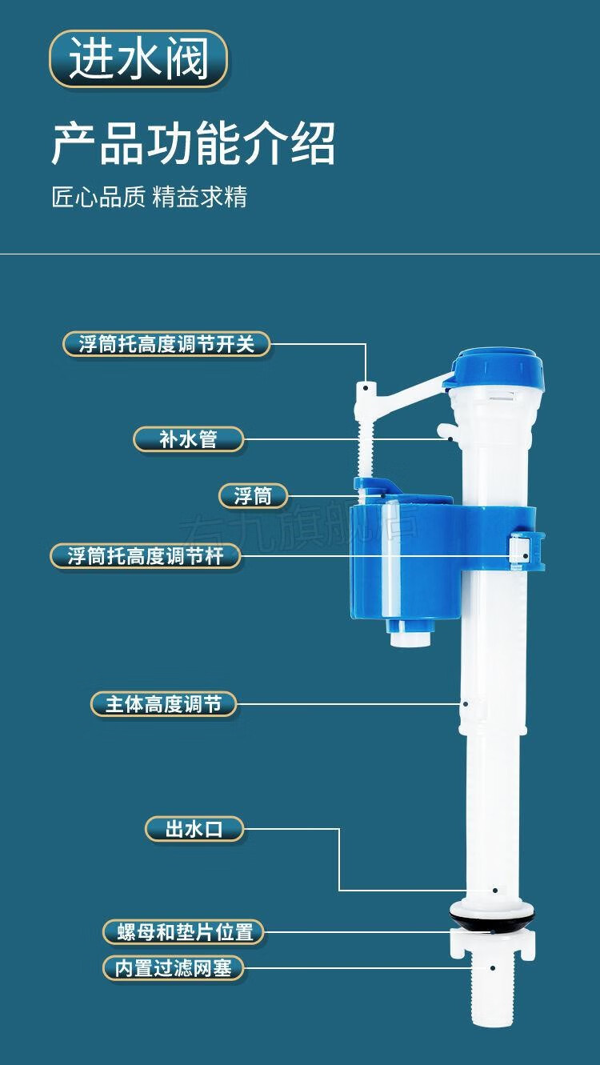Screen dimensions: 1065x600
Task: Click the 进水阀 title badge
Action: click(138, 59)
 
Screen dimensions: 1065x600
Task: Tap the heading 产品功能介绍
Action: click(193, 143)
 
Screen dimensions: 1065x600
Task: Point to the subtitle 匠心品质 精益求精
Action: click(150, 197)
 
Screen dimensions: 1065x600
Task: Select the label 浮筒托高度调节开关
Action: click(166, 344)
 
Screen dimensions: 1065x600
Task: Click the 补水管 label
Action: click(188, 438)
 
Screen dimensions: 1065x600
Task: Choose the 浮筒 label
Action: click(253, 496)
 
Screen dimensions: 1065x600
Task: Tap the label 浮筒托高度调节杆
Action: click(146, 556)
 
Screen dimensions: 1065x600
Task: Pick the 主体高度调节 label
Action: click(163, 704)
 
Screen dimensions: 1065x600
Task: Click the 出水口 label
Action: click(194, 829)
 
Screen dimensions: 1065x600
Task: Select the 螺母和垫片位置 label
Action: click(183, 931)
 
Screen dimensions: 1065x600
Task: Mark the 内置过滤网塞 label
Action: click(173, 968)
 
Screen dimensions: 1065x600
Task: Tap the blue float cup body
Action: click(400, 560)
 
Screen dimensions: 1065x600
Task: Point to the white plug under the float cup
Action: click(410, 632)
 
